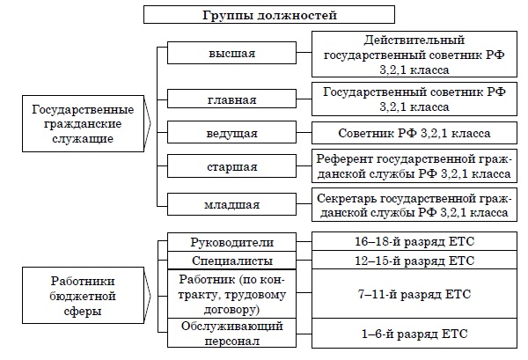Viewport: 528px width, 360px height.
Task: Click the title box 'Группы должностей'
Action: coord(264,15)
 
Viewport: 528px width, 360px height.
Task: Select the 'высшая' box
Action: coord(232,54)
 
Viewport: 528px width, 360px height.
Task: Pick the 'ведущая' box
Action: coord(232,133)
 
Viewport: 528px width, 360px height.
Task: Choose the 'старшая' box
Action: coord(232,167)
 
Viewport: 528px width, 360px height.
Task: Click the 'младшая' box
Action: coord(232,205)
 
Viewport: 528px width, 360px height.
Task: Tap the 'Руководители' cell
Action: coord(232,243)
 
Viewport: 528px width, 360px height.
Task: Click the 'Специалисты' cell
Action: coord(232,261)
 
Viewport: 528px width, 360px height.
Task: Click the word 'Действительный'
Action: coord(413,40)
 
